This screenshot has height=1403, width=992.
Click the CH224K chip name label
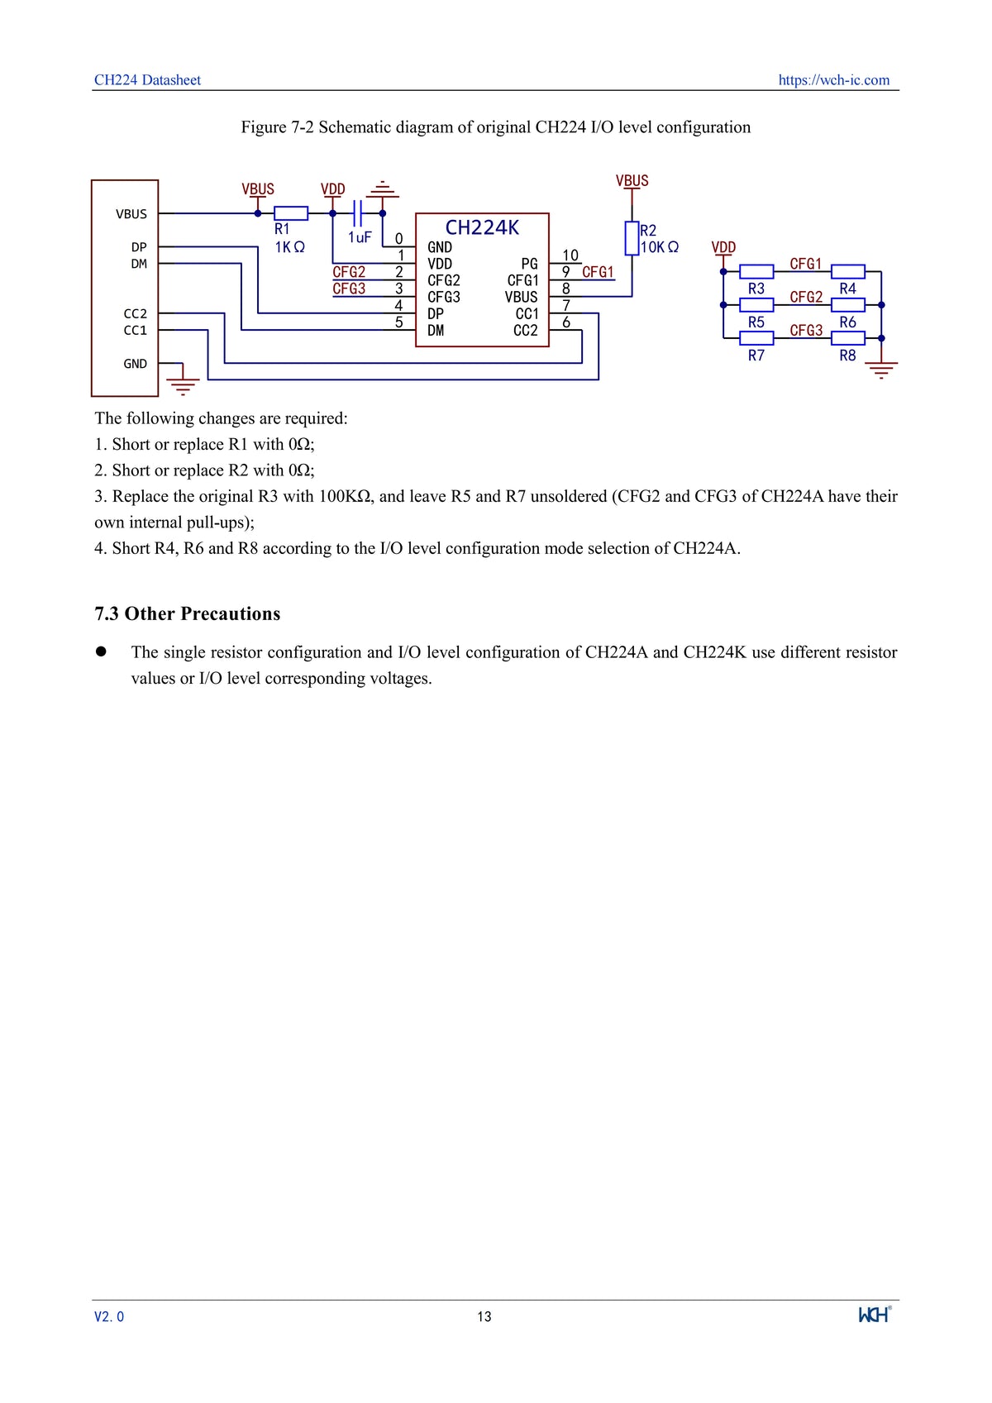482,227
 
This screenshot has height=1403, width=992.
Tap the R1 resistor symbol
290,213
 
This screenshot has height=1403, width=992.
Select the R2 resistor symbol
632,238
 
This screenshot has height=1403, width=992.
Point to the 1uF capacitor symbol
357,213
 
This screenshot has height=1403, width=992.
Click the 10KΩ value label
659,247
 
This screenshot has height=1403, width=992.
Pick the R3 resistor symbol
756,271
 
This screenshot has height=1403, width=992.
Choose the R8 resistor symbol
847,337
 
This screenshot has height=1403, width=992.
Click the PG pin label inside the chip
529,264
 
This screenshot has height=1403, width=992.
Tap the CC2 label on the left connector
135,313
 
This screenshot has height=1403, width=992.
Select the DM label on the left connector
138,264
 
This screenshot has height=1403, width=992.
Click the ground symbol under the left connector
183,384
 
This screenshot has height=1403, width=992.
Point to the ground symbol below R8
881,369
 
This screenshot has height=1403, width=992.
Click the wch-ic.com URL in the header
833,80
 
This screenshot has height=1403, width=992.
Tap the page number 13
484,1316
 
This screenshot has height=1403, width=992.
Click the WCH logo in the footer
875,1314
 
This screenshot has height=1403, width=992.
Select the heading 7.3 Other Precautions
187,613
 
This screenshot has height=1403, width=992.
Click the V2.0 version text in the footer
109,1316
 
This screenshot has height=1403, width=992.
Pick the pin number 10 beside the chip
570,255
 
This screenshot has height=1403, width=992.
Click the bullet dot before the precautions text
102,651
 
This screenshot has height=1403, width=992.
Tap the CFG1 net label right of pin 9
598,272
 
